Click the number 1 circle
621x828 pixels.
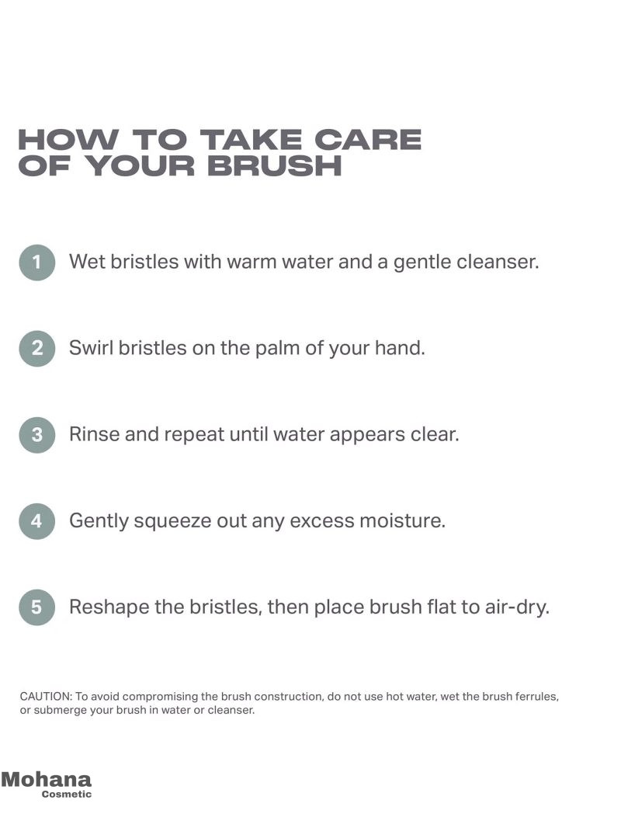pos(37,262)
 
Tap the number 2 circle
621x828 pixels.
pos(37,348)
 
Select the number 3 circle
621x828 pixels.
pos(37,435)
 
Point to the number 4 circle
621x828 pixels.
pos(37,520)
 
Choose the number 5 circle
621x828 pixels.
pos(37,607)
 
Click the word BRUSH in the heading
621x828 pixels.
pos(274,165)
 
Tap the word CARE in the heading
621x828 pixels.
pos(368,140)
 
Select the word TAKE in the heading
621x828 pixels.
pos(252,140)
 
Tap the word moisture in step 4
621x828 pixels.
pos(403,520)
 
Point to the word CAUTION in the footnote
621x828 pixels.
pos(45,697)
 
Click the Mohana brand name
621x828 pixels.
pos(47,779)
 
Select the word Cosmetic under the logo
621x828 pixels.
pos(67,794)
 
